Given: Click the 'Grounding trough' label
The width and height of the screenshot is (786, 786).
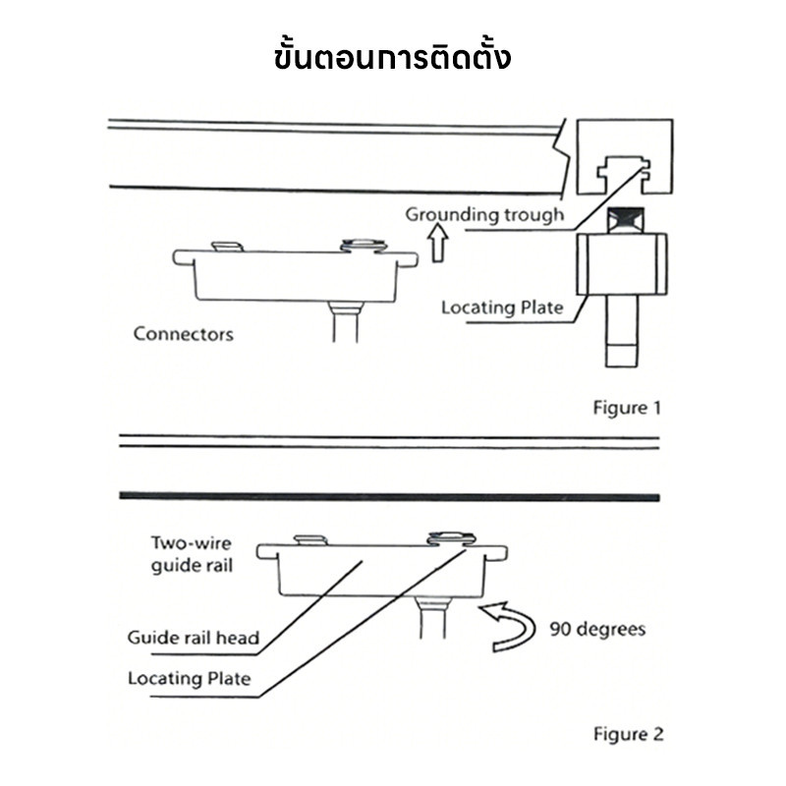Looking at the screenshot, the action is point(484,214).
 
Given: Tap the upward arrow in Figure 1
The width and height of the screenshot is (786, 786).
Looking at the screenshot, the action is point(438,243).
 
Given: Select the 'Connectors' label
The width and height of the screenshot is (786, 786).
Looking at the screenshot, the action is point(184,334).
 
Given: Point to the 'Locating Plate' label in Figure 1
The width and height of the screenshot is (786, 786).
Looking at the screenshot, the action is point(502,308).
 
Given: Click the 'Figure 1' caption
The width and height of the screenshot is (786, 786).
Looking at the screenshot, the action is point(627,408).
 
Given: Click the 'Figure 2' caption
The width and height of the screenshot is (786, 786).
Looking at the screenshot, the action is point(628,734).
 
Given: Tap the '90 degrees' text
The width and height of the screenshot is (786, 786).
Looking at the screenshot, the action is point(597,629).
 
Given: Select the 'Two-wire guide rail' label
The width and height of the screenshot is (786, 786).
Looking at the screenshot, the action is point(192,554).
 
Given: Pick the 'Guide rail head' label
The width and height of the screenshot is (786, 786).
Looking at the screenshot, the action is point(194,638).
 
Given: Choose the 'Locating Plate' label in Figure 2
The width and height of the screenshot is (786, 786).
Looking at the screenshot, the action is point(190,679).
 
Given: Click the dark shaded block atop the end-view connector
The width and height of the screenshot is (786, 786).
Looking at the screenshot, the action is point(626,219).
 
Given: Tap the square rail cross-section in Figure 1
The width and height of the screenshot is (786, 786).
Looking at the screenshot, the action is point(625,156).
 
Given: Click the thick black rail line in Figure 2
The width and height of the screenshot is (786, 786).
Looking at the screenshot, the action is point(389,497).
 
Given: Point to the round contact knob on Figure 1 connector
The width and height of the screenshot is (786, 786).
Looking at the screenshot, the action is point(364,245).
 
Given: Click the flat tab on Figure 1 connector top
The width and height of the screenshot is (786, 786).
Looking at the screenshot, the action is point(228,247).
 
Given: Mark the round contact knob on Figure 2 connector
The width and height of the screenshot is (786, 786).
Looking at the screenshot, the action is point(451,538).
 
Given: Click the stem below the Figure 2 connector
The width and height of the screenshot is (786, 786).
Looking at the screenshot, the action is point(432,618).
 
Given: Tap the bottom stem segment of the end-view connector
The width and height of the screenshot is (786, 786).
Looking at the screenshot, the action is point(622,355).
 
